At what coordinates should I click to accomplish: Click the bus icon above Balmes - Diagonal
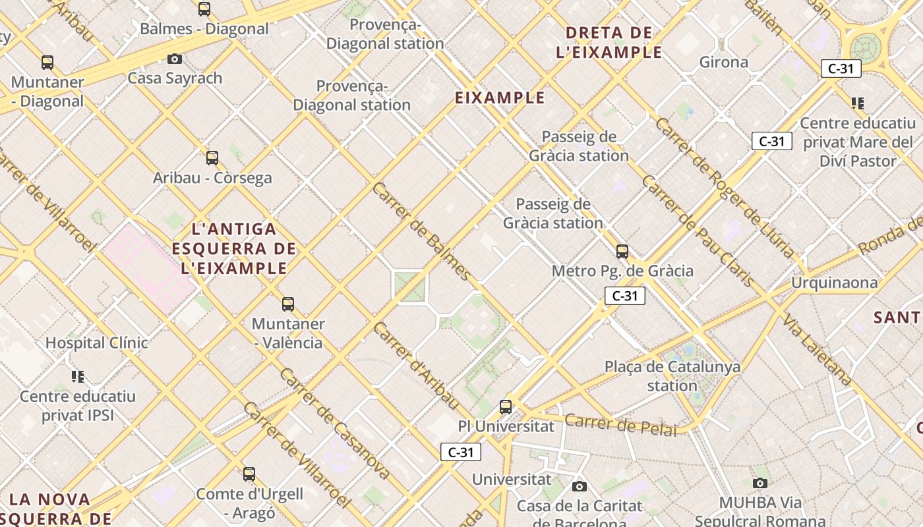point(204,9)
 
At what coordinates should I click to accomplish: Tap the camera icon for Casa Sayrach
point(175,59)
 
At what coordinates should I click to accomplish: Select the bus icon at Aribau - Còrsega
point(212,158)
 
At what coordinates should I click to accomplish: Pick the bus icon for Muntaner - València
point(288,304)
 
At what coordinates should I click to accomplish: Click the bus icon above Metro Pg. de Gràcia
point(622,252)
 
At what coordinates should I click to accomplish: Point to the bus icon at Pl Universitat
point(506,407)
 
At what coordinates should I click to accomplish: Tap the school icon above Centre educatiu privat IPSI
point(78,377)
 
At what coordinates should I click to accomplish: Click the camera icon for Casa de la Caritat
point(580,487)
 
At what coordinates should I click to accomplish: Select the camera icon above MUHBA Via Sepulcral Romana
point(760,484)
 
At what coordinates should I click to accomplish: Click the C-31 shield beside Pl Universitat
point(461,452)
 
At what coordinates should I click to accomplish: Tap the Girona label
point(724,63)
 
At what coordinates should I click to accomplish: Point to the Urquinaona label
point(835,283)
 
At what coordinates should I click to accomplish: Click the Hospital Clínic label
point(97,343)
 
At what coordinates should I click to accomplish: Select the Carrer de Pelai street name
point(621,425)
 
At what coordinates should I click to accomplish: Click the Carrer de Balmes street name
point(422,231)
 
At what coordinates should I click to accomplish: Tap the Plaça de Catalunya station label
point(672,375)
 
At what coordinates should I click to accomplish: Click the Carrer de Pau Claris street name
point(697,231)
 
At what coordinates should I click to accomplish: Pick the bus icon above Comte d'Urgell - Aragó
point(249,474)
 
